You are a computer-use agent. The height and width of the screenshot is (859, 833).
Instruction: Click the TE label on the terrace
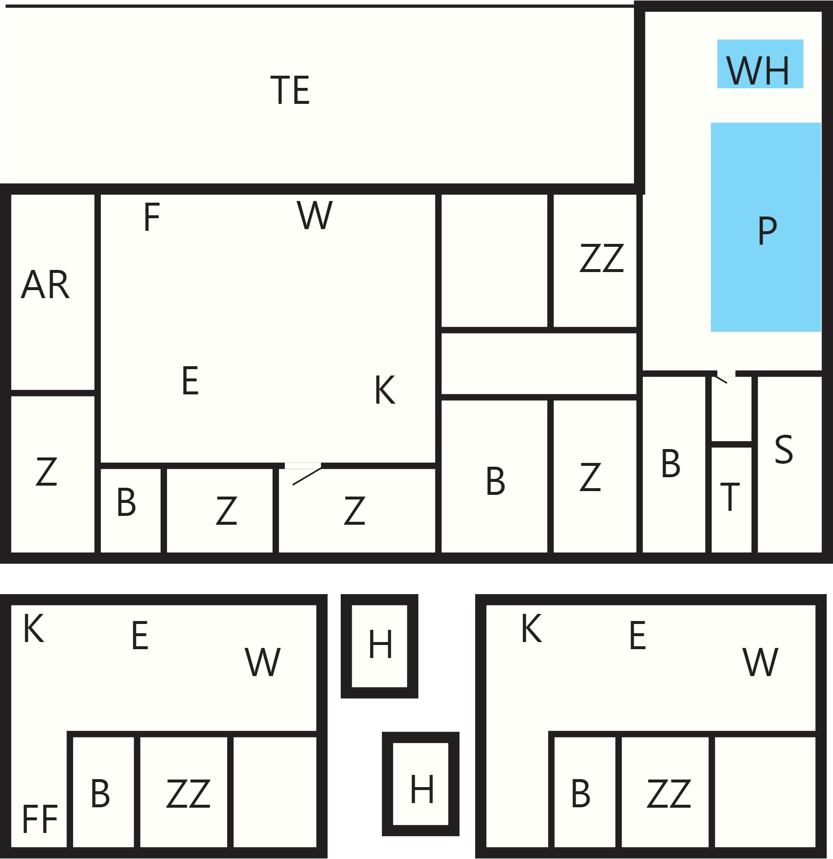point(290,90)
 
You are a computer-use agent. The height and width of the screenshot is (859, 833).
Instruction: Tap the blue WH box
point(760,64)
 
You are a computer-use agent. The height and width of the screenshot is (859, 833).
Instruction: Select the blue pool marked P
point(766,227)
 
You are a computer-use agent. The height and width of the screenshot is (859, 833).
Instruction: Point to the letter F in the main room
point(152,217)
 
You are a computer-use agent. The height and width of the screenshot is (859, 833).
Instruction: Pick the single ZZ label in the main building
point(602,258)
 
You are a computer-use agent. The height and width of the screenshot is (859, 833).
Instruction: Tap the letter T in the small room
point(730,497)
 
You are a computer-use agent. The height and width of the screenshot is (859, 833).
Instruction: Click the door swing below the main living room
point(307,476)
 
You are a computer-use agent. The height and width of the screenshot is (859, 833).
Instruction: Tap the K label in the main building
point(385,390)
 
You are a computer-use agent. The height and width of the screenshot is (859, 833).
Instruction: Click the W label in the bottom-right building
point(761,662)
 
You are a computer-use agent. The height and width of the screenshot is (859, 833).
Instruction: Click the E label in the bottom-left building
point(140,635)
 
